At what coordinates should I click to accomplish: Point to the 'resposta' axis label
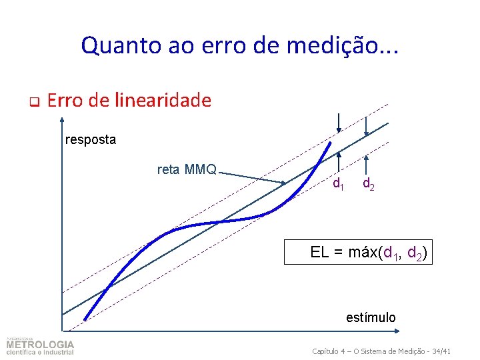91,140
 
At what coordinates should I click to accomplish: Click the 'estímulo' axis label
371,317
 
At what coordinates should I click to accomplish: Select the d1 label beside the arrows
339,183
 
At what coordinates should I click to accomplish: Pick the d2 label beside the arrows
368,183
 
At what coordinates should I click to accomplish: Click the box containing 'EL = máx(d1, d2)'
359,252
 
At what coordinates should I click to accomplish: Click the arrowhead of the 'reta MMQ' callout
285,183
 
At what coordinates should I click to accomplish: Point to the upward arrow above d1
339,157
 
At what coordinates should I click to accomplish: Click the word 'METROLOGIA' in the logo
41,345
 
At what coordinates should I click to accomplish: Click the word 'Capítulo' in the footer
327,351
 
